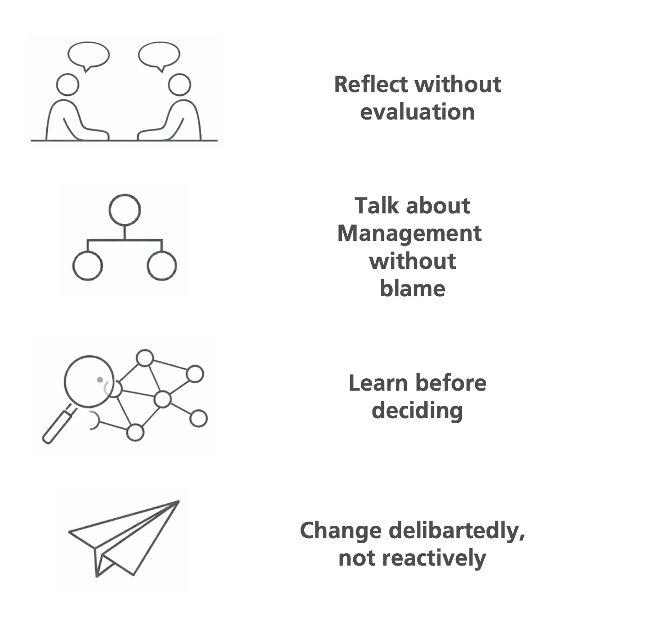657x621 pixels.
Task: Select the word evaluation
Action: coord(417,112)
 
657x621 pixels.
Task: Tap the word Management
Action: coord(409,234)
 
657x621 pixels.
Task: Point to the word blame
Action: coord(412,289)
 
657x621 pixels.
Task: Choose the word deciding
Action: coord(417,410)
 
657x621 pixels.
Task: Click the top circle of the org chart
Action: coord(125,210)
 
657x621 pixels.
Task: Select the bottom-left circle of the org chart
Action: coord(88,266)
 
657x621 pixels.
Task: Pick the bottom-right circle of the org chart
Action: coord(162,266)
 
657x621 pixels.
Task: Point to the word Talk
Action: coord(373,206)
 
